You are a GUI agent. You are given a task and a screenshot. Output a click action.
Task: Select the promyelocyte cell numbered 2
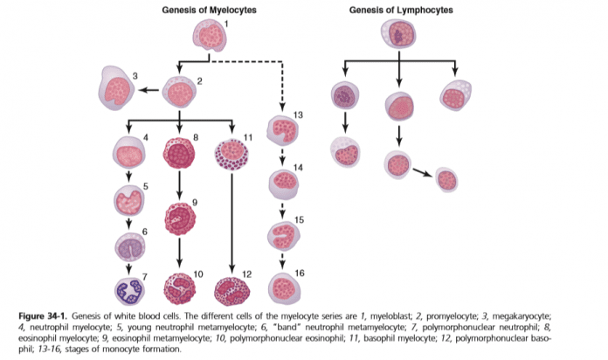point(179,91)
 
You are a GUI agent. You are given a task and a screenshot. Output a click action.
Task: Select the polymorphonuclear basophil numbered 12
point(231,291)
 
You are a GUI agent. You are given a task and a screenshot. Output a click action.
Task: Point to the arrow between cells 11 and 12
point(231,223)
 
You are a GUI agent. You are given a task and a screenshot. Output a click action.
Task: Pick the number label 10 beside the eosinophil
point(199,273)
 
